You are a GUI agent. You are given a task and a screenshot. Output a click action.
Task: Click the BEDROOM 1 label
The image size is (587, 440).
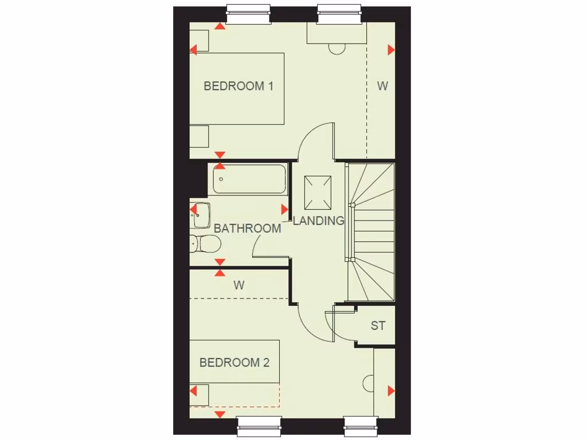pyautogui.click(x=238, y=87)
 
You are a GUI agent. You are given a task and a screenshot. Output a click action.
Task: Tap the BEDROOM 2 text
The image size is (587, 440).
pyautogui.click(x=234, y=363)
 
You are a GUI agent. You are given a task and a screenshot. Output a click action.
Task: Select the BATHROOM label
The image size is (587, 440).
pyautogui.click(x=248, y=229)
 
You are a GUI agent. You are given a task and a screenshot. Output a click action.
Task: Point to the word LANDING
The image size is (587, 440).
pyautogui.click(x=319, y=221)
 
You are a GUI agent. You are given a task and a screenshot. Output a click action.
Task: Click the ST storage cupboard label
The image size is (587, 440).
pyautogui.click(x=378, y=326)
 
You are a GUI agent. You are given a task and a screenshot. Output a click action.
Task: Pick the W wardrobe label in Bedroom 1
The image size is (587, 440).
pyautogui.click(x=382, y=87)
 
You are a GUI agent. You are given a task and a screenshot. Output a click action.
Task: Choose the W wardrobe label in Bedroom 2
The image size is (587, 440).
pyautogui.click(x=239, y=285)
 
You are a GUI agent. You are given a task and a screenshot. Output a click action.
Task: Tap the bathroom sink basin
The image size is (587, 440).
pyautogui.click(x=202, y=215)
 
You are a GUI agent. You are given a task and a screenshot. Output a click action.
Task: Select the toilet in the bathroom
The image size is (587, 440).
pyautogui.click(x=205, y=244)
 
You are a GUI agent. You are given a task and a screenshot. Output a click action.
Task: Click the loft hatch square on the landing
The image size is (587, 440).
pyautogui.click(x=318, y=192)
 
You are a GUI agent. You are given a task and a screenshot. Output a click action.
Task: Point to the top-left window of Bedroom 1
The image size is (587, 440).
pyautogui.click(x=248, y=14)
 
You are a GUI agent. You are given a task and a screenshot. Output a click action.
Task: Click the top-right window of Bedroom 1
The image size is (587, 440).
pyautogui.click(x=340, y=14)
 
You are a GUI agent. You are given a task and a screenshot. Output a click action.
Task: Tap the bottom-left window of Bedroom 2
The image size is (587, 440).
pyautogui.click(x=259, y=426)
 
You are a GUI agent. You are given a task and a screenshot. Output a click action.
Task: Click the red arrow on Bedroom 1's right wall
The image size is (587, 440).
pyautogui.click(x=391, y=50)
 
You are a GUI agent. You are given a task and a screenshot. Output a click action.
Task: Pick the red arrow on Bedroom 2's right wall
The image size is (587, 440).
pyautogui.click(x=391, y=391)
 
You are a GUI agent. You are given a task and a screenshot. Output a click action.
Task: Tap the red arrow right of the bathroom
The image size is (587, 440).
pyautogui.click(x=284, y=210)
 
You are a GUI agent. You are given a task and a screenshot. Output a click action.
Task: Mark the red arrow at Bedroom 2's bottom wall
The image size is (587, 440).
pyautogui.click(x=220, y=414)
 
